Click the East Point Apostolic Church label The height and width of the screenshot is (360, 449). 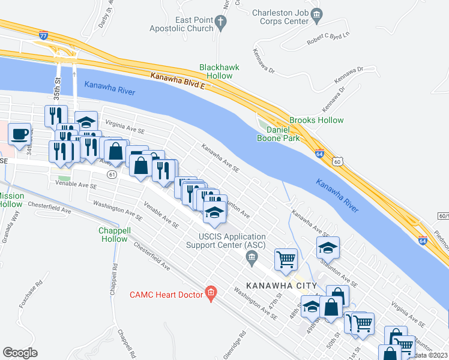tap(194, 24)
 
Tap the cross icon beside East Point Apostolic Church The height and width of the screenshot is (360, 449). tap(221, 24)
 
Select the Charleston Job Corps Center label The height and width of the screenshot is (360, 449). tap(281, 17)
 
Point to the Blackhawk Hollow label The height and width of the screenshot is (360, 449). tap(219, 72)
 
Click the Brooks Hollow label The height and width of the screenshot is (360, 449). tap(316, 120)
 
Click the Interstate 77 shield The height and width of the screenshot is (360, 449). tap(43, 35)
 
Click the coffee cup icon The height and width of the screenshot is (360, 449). tap(19, 133)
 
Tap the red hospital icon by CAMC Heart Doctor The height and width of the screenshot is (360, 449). tap(210, 293)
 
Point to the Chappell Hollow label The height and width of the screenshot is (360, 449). tap(113, 235)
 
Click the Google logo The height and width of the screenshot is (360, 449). tap(20, 353)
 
